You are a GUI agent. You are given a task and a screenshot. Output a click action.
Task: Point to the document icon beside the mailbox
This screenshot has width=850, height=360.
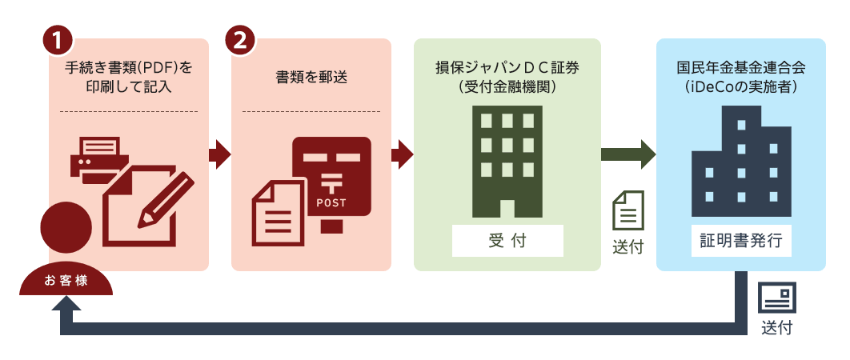pyautogui.click(x=279, y=213)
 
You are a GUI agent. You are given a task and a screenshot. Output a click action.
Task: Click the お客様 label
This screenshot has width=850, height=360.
pyautogui.click(x=66, y=282)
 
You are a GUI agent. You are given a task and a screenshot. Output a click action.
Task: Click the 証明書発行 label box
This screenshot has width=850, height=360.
pyautogui.click(x=740, y=241)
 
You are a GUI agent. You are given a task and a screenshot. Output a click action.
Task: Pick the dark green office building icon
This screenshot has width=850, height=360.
pyautogui.click(x=507, y=161)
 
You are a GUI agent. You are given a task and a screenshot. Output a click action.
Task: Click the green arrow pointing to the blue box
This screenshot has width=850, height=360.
pyautogui.click(x=627, y=154)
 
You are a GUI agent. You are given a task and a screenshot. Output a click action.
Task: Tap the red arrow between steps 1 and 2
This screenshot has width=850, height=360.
pyautogui.click(x=219, y=154)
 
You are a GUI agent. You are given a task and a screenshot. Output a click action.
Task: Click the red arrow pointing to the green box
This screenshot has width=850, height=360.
pyautogui.click(x=403, y=154)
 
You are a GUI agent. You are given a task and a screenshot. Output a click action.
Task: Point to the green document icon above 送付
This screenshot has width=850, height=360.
pyautogui.click(x=627, y=210)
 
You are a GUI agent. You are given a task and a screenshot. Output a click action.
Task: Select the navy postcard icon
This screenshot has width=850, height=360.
pyautogui.click(x=776, y=297)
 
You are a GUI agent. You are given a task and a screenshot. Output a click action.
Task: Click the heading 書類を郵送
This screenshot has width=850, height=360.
pyautogui.click(x=311, y=78)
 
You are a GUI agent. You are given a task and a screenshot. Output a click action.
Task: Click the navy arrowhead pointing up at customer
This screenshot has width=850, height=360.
pyautogui.click(x=66, y=302)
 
